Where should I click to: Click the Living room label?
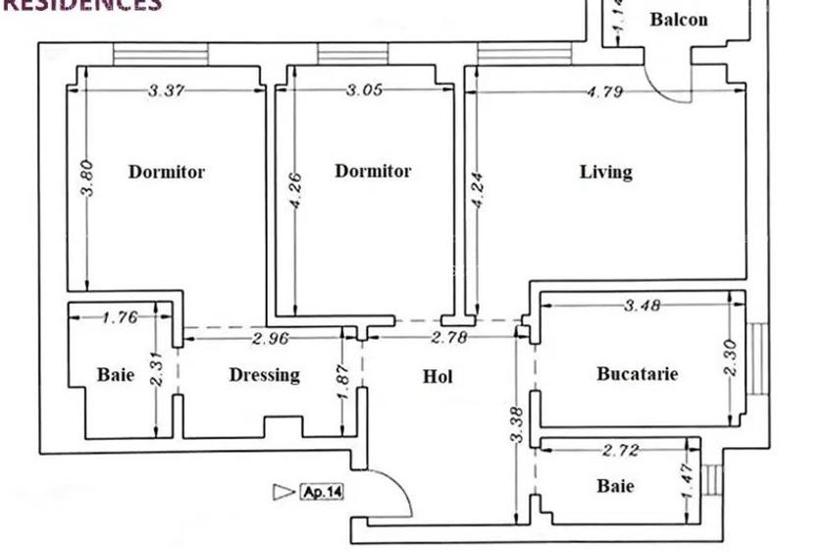tap(605, 172)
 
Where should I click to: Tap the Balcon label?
tap(678, 20)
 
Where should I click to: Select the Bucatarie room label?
tap(637, 373)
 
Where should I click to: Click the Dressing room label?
tap(264, 375)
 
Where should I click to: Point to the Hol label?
tap(438, 376)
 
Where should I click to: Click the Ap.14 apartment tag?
tap(322, 491)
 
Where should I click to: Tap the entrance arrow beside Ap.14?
tap(284, 491)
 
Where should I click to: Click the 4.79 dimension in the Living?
tap(605, 92)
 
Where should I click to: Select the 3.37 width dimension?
tap(166, 91)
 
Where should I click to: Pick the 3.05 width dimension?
tap(364, 90)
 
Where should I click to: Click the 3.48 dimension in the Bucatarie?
tap(642, 305)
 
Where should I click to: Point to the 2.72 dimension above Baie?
tap(620, 451)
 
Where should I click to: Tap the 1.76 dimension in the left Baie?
tap(120, 316)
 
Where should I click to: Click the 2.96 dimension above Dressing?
tap(269, 339)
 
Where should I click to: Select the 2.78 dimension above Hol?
tap(448, 338)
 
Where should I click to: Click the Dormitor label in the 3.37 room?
tap(167, 172)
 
